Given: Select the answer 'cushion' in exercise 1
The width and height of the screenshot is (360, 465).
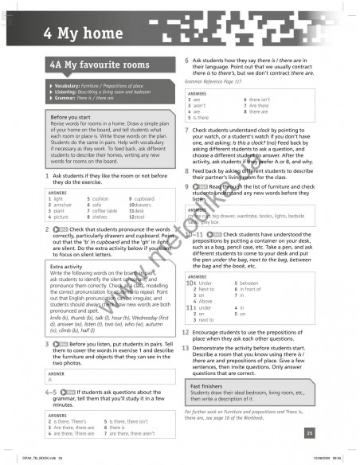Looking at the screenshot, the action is pos(100,198).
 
